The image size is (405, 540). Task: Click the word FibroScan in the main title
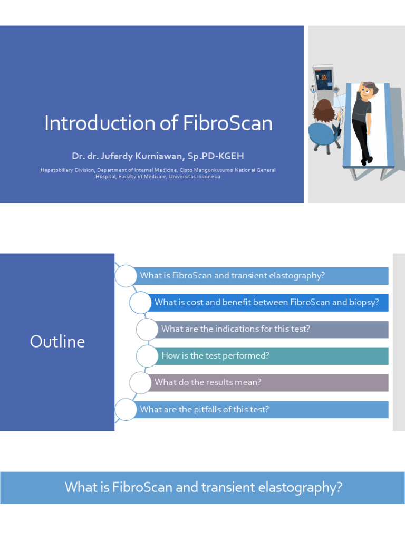(228, 123)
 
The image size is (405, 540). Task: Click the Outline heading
(57, 341)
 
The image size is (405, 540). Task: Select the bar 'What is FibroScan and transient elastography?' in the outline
(232, 276)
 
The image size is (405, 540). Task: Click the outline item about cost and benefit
(266, 302)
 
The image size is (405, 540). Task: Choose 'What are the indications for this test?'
(235, 329)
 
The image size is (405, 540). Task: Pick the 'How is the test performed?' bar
(215, 356)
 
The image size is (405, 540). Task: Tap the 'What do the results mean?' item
(207, 382)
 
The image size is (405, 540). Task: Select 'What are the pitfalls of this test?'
(204, 409)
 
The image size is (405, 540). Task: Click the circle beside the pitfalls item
(125, 409)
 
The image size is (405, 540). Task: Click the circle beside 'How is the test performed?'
(147, 356)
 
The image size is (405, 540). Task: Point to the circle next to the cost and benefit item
(140, 302)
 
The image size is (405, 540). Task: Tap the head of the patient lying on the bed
(368, 90)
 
